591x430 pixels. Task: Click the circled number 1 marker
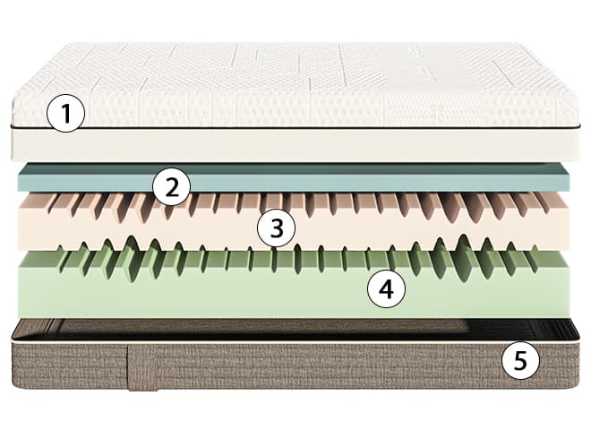(x=66, y=113)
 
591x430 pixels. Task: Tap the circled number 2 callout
(x=172, y=186)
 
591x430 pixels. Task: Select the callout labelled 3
(x=277, y=228)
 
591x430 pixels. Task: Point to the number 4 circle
(x=386, y=289)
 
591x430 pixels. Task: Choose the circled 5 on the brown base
(x=520, y=361)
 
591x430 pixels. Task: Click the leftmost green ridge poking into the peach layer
(x=60, y=248)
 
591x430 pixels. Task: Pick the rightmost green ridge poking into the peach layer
(x=535, y=247)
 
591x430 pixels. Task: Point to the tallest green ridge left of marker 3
(x=131, y=244)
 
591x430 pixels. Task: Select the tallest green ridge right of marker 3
(x=463, y=242)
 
